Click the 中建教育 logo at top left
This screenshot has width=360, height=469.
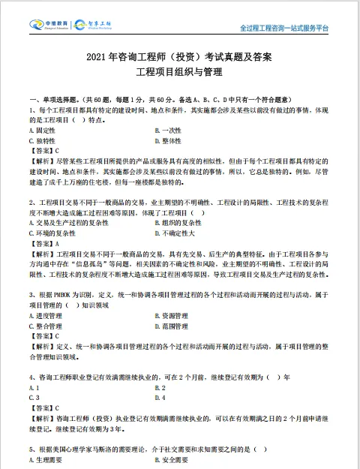click(50, 24)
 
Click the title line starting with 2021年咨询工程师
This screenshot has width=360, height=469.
click(179, 57)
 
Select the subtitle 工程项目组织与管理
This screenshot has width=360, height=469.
click(179, 73)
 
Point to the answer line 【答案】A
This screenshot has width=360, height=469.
click(42, 244)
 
